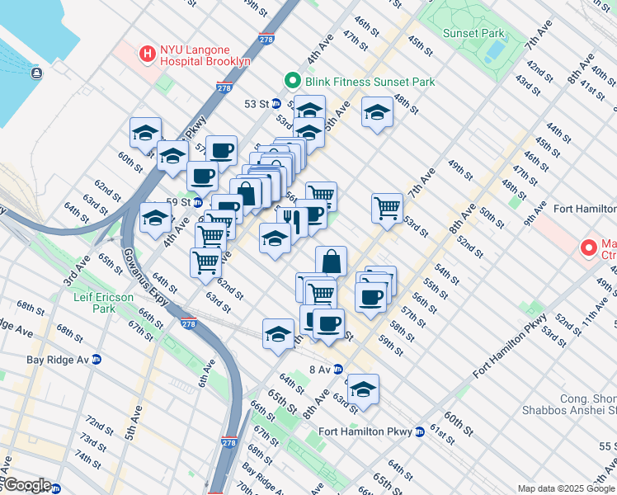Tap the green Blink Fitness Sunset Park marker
(x=291, y=81)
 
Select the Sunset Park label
(x=473, y=34)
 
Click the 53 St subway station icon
(x=277, y=104)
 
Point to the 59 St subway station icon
(x=197, y=201)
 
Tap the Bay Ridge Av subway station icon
(x=97, y=360)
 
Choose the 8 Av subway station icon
(x=338, y=370)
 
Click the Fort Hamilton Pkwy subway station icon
(x=420, y=431)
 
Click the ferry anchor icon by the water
(x=37, y=73)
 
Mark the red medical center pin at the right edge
(x=589, y=247)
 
